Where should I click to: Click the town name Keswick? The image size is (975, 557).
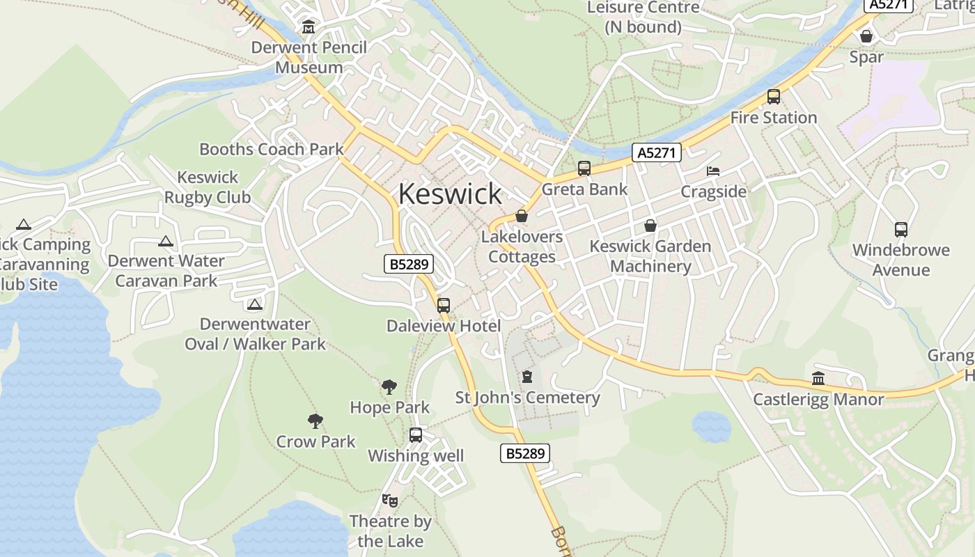click(x=450, y=194)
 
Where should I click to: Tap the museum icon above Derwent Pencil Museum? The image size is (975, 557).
click(x=309, y=28)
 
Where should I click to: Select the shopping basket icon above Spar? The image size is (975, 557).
click(x=866, y=36)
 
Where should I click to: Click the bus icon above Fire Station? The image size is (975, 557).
click(x=774, y=97)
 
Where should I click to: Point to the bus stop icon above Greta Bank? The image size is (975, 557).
click(x=584, y=168)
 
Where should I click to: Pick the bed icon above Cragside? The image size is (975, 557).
click(x=713, y=171)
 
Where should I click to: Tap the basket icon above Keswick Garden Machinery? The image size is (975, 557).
click(x=650, y=226)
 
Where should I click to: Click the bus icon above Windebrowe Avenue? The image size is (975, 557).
click(x=901, y=229)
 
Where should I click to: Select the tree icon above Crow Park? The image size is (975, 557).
click(x=315, y=421)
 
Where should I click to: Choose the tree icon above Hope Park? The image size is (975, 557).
click(x=389, y=387)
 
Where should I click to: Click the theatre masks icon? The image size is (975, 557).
click(x=390, y=500)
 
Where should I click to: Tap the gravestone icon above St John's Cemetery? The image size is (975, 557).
click(x=527, y=377)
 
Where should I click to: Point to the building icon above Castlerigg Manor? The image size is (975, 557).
click(x=818, y=379)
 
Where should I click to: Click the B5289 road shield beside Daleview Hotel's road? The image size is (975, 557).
click(x=409, y=264)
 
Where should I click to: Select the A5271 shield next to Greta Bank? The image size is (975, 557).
click(x=657, y=152)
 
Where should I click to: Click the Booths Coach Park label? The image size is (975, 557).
click(x=272, y=149)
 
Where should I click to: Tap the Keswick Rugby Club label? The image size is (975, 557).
click(x=208, y=187)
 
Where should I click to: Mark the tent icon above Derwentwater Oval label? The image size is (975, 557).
click(x=255, y=304)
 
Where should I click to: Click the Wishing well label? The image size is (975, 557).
click(x=416, y=456)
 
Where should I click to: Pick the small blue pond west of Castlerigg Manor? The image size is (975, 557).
click(x=711, y=425)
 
